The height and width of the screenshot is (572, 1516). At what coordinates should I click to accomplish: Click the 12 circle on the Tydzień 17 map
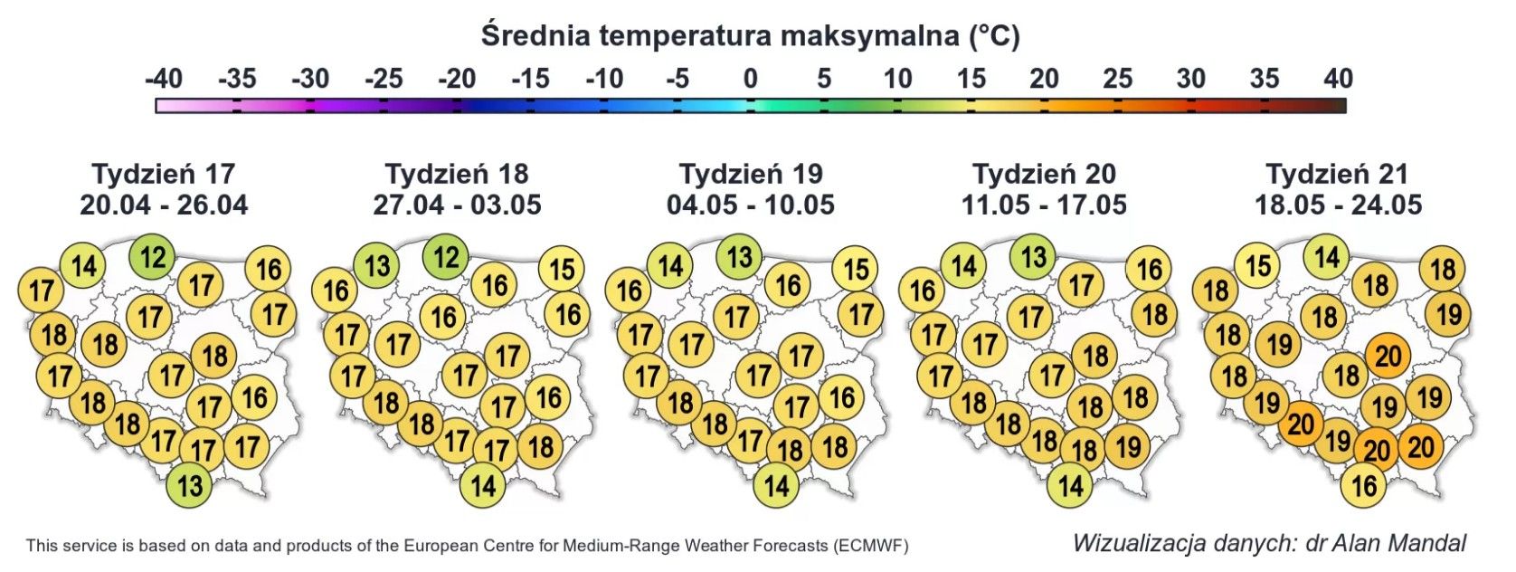tap(152, 257)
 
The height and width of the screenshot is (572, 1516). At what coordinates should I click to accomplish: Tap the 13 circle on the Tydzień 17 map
tap(189, 486)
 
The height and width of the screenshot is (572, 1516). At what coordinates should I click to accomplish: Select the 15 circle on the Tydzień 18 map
tap(561, 269)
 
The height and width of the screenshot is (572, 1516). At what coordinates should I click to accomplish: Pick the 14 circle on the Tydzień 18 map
tap(482, 486)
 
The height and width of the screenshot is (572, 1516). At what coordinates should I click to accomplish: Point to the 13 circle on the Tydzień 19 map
tap(739, 257)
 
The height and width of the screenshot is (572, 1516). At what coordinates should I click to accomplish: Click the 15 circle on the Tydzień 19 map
tap(855, 269)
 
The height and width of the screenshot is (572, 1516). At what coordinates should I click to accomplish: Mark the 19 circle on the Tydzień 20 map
tap(1127, 446)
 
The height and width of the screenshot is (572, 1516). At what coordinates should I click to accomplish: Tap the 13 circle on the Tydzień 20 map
tap(1033, 257)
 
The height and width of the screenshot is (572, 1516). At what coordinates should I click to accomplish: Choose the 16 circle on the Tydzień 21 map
tap(1363, 486)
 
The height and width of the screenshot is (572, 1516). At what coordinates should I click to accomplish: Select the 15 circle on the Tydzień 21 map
tap(1257, 266)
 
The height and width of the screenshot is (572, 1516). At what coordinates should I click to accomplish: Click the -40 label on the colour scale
tap(163, 79)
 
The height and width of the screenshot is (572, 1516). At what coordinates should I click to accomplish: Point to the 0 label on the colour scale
tap(750, 79)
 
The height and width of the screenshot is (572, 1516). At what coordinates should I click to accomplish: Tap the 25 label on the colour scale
tap(1117, 79)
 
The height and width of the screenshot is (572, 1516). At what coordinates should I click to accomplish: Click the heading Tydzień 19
tap(750, 174)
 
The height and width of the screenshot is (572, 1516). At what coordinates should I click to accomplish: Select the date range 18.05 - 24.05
tap(1338, 205)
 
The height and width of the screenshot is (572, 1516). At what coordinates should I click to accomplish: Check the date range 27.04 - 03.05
tap(457, 205)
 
